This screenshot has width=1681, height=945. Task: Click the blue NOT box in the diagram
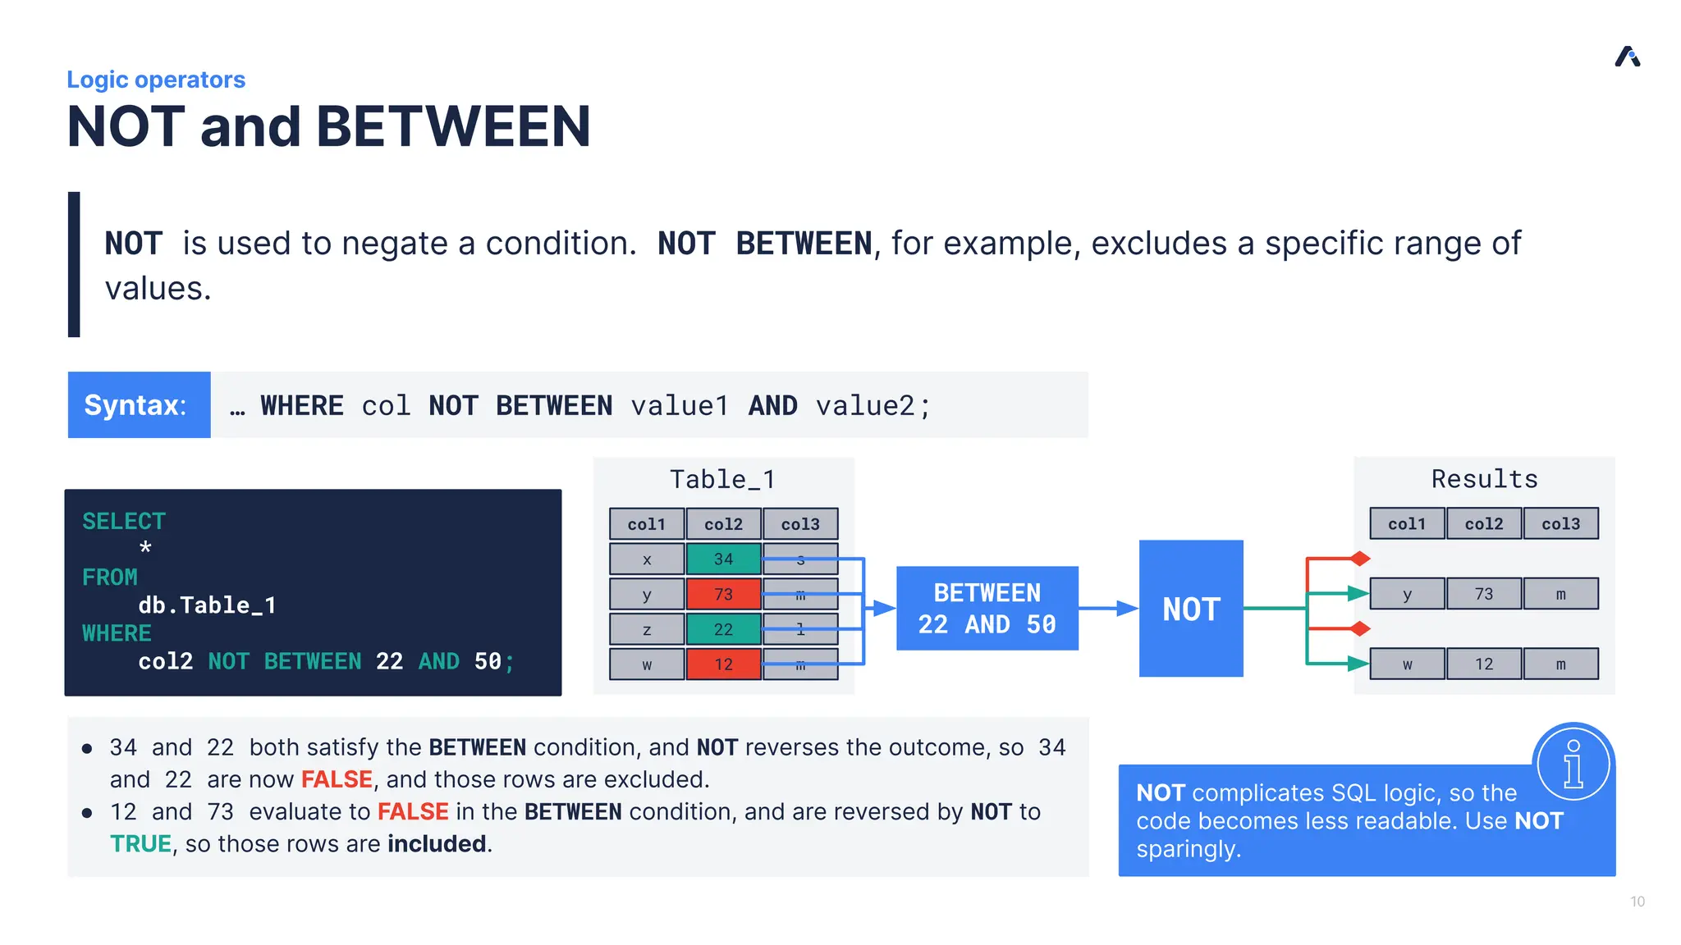1190,608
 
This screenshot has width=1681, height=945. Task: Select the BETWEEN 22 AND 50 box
987,608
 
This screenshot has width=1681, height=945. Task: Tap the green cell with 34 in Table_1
723,559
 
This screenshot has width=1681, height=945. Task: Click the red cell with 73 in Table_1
723,594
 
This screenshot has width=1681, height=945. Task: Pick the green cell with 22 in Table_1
723,629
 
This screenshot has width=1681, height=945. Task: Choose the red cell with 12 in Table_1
723,664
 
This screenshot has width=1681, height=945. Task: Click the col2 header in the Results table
1483,523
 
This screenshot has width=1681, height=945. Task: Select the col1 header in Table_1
646,523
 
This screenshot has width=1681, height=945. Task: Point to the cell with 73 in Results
1483,594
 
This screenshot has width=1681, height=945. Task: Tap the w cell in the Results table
1407,664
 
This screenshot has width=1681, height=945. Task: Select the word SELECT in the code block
124,521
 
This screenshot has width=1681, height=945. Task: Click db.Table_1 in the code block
207,605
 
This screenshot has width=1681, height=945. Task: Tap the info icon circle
1573,763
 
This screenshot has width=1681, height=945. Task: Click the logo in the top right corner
1627,57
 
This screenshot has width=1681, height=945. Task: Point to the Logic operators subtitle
156,80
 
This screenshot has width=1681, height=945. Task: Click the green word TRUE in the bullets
140,843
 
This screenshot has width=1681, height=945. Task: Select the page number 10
1637,902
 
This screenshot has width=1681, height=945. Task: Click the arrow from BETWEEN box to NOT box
1108,608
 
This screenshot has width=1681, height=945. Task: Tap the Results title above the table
1484,479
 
